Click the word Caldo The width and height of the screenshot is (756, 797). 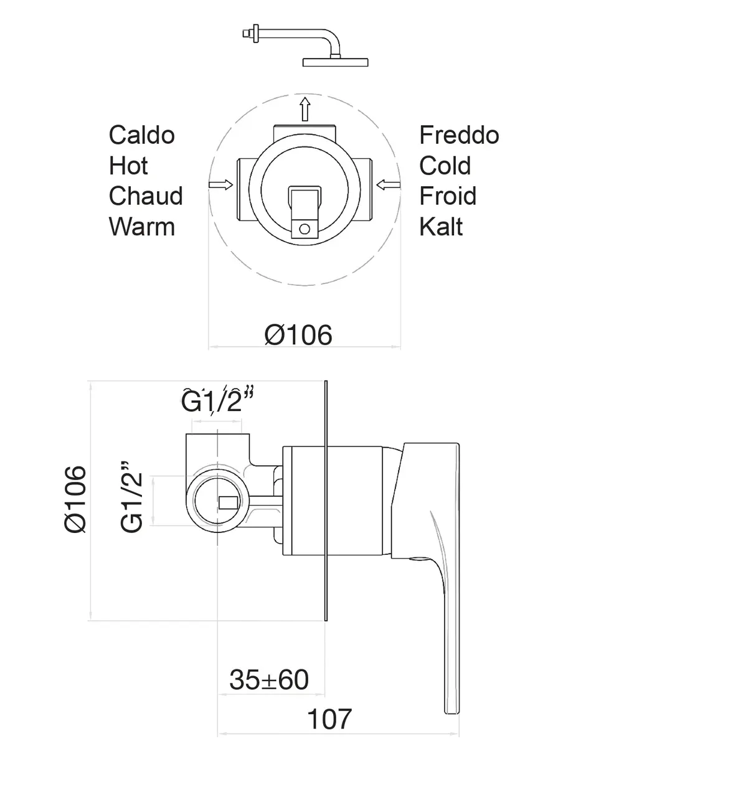(141, 135)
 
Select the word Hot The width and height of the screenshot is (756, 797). (128, 166)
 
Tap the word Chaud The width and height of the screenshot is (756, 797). (146, 196)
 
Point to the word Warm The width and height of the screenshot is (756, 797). (141, 227)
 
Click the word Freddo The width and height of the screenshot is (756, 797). (459, 135)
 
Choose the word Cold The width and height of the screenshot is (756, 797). (445, 166)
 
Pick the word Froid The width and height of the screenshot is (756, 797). (448, 196)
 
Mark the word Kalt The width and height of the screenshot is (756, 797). (441, 227)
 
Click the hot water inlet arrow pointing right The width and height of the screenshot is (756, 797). (220, 185)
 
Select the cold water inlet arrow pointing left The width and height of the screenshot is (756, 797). (388, 185)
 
